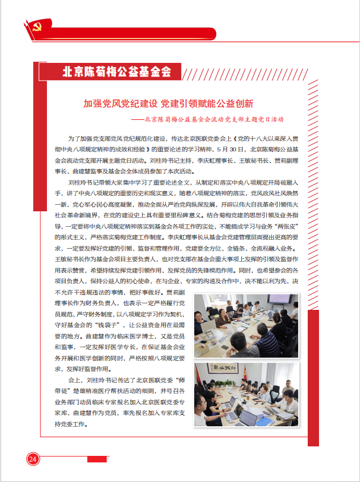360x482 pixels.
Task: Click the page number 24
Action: (x=32, y=458)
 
